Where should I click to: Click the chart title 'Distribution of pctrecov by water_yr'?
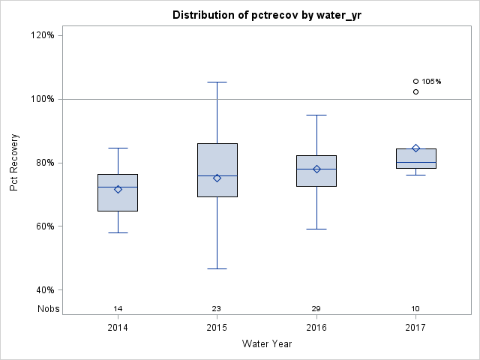point(266,15)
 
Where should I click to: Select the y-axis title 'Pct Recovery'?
point(15,163)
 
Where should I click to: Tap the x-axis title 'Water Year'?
point(266,344)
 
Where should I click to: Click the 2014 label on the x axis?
point(118,328)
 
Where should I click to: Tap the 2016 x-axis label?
point(316,328)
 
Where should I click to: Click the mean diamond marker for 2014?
point(118,189)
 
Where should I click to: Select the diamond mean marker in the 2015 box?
point(217,178)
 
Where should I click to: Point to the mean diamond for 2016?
point(316,169)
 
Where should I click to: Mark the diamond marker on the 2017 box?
point(415,148)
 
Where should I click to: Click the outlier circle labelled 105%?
point(415,81)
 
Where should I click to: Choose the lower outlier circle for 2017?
point(415,91)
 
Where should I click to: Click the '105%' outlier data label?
point(431,81)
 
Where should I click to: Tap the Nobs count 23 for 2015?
point(217,308)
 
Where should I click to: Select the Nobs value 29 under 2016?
point(316,308)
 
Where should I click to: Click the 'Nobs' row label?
point(47,308)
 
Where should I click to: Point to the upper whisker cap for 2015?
point(217,82)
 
